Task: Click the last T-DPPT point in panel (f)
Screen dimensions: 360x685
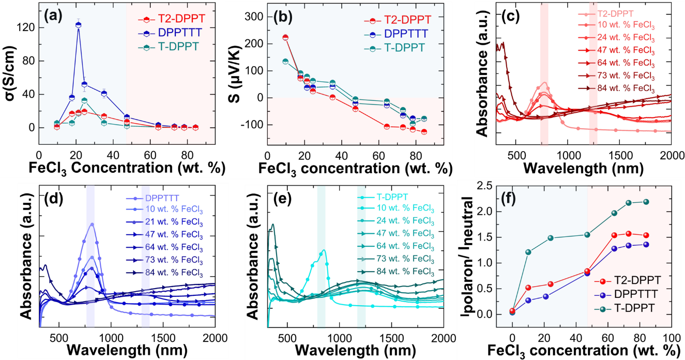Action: (x=646, y=202)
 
